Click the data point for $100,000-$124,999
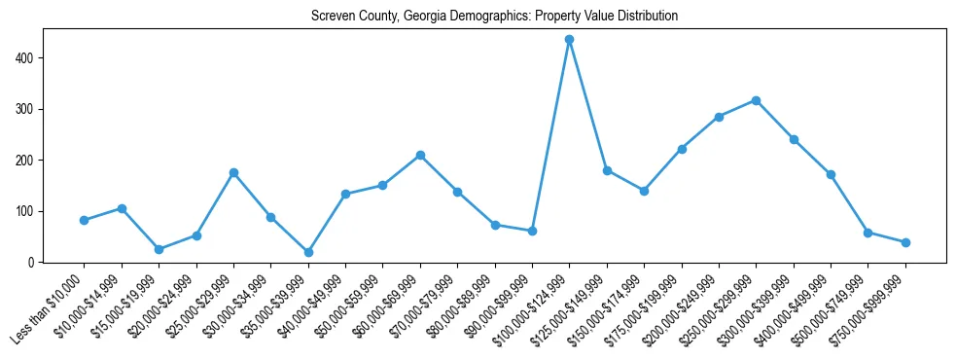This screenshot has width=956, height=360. click(x=569, y=40)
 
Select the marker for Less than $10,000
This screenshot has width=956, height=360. click(x=85, y=220)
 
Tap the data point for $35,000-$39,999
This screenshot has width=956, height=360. click(x=308, y=252)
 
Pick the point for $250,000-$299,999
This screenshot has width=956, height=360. click(x=756, y=100)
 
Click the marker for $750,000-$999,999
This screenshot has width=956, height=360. click(x=905, y=242)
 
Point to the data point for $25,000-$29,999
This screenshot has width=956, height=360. click(x=233, y=172)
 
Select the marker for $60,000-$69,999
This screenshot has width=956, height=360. click(x=420, y=155)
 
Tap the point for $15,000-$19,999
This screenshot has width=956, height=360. click(x=159, y=249)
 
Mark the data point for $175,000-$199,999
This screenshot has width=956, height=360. click(x=682, y=149)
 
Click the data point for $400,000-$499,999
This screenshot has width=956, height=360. click(x=831, y=175)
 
